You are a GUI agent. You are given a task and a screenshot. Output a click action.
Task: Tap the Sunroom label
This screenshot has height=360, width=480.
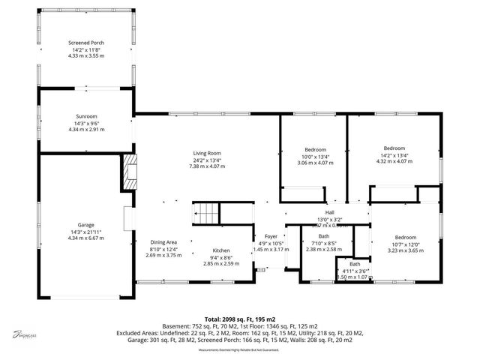(85, 117)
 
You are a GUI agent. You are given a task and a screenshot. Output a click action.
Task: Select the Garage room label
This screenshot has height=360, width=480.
(85, 225)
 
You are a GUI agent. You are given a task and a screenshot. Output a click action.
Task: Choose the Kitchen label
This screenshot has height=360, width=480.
(220, 250)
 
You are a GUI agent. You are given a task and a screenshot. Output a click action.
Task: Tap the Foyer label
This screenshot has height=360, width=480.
(270, 236)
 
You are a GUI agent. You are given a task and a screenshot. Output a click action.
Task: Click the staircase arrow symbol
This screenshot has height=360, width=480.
(198, 214)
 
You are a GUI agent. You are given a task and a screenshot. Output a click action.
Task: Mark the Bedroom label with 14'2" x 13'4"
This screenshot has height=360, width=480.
(394, 148)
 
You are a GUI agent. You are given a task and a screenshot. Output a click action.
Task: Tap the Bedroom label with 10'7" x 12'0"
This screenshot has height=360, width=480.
(406, 238)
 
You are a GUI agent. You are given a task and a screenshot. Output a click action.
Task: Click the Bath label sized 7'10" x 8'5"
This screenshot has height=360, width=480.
(324, 237)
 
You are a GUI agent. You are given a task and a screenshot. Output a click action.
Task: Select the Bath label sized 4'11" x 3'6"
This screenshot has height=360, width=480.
(354, 264)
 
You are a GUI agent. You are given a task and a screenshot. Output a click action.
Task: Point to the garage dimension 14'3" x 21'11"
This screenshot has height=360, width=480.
(85, 232)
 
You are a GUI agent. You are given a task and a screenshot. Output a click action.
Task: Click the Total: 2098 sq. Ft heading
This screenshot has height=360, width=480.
(238, 319)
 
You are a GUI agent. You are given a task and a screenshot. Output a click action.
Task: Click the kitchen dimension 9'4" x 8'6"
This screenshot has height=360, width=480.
(220, 257)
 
